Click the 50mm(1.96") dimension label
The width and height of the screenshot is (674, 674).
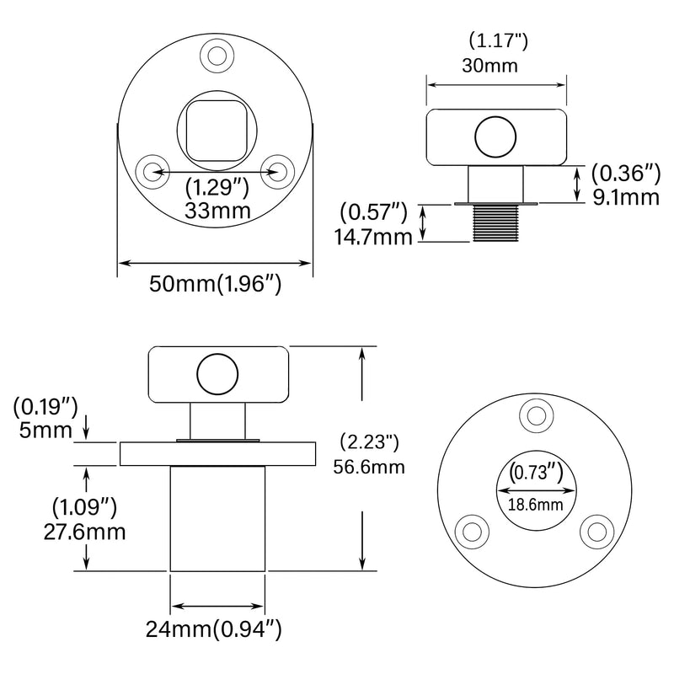pos(215,284)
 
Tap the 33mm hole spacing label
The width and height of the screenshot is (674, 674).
pos(218,211)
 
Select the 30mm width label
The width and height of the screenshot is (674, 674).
pos(489,66)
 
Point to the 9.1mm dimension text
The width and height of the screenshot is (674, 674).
pos(626,197)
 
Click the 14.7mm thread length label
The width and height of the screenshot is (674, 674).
pos(373,237)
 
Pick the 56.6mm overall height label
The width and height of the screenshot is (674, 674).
pos(369,467)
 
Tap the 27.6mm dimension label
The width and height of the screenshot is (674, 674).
pos(85,532)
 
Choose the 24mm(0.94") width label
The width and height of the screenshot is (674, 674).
pos(214,630)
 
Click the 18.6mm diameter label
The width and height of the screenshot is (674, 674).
pos(535,505)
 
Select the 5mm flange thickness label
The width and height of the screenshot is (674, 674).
pos(45,431)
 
